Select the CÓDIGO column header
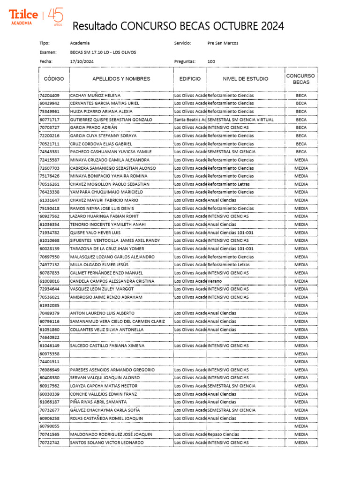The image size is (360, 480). point(53,79)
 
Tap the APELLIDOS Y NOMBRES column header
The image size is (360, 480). point(121,79)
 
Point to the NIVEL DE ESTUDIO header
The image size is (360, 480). point(245,79)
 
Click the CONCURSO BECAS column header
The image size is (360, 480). point(301,79)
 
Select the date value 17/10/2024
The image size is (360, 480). point(82,61)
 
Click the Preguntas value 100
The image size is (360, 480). point(211,61)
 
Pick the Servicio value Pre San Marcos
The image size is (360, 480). point(223,43)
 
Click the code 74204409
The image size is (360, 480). point(49,95)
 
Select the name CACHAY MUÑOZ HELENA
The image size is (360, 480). point(95,95)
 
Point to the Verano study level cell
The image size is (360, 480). point(215,281)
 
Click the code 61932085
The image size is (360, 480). point(49,305)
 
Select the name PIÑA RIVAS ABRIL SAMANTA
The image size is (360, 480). point(98,402)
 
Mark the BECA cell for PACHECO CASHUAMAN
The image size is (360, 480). point(301,152)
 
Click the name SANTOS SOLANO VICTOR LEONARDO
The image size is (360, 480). point(107,442)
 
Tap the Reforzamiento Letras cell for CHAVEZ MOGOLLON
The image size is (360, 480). point(229,184)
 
